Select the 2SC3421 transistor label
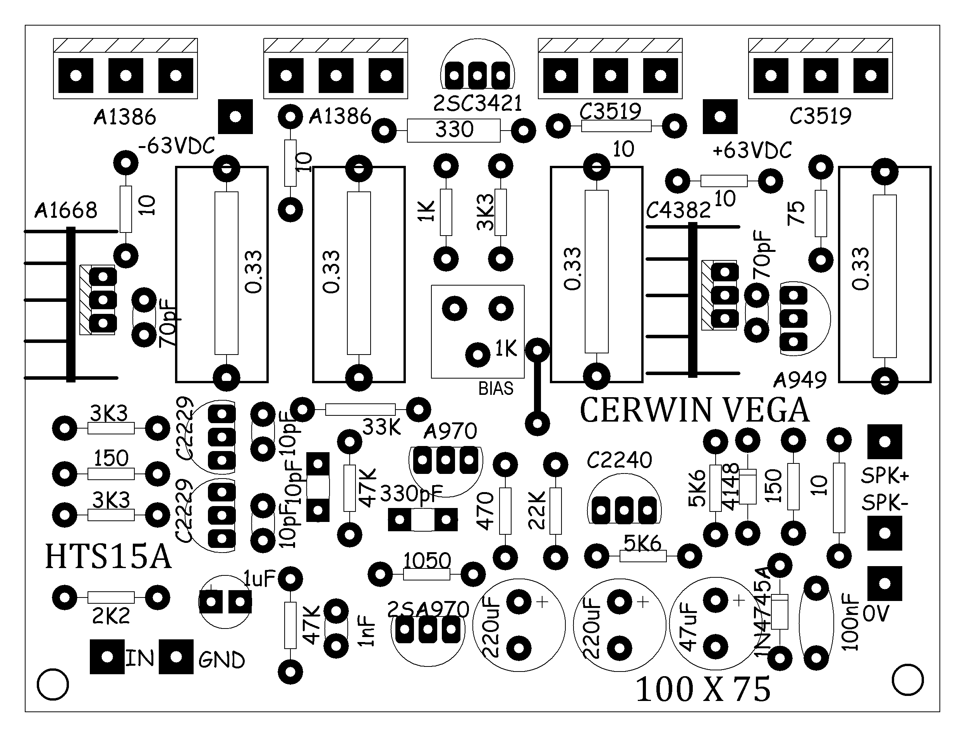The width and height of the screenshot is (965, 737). pyautogui.click(x=477, y=103)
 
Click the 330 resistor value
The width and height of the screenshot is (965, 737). pyautogui.click(x=454, y=129)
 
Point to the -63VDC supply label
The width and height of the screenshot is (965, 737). pyautogui.click(x=177, y=146)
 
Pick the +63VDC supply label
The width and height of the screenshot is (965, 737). pyautogui.click(x=752, y=150)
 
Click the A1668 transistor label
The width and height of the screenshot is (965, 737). pyautogui.click(x=66, y=210)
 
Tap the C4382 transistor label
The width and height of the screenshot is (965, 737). pyautogui.click(x=678, y=211)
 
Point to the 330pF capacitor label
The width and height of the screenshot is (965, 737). pyautogui.click(x=412, y=494)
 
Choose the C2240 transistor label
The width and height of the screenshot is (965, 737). pyautogui.click(x=620, y=460)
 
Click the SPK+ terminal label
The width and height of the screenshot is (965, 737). pyautogui.click(x=885, y=476)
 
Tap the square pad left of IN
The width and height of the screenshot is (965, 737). pyautogui.click(x=107, y=657)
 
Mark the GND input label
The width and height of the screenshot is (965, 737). pyautogui.click(x=222, y=660)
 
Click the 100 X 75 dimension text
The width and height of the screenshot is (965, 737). pyautogui.click(x=703, y=689)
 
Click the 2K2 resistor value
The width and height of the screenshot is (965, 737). pyautogui.click(x=111, y=617)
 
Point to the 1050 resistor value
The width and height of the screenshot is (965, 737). pyautogui.click(x=427, y=560)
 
